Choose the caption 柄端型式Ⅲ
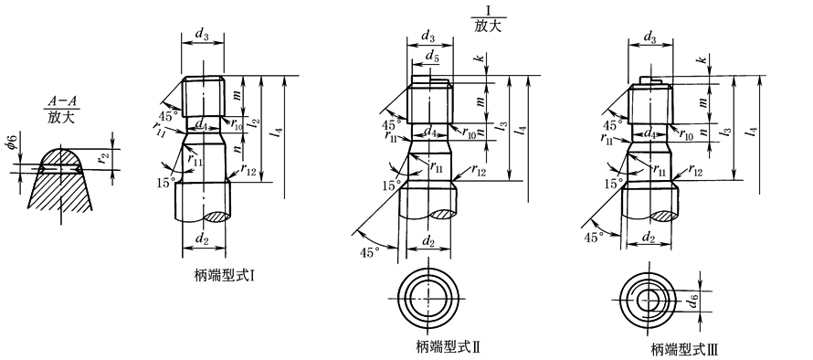click(684, 347)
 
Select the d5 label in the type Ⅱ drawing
click(432, 56)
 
